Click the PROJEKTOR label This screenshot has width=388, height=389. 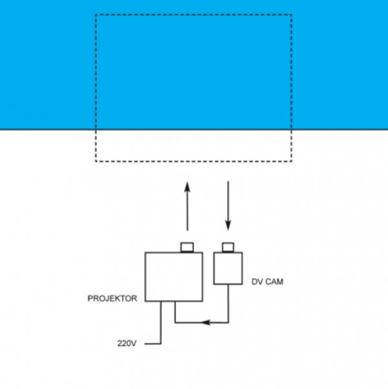112,298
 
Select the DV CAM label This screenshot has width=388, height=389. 267,282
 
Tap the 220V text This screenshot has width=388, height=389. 127,344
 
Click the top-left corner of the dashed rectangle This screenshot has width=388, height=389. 96,15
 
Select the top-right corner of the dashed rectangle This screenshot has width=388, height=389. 291,15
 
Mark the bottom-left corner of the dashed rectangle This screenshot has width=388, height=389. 96,161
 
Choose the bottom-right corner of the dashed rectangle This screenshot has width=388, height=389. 291,161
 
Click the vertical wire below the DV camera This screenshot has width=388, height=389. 228,303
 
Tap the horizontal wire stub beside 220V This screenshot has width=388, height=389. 152,344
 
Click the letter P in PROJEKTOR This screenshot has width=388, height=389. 90,298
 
